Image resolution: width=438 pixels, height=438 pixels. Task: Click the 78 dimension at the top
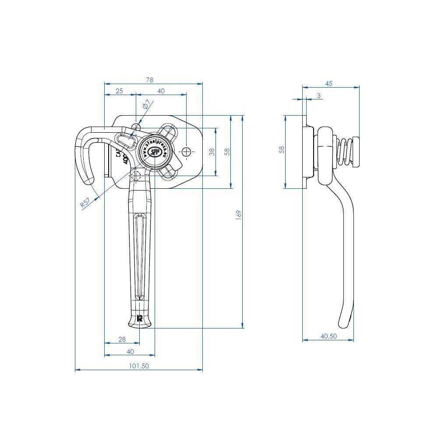[x=149, y=80]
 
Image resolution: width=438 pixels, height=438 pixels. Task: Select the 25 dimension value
[x=119, y=91]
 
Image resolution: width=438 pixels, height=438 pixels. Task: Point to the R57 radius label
[x=85, y=202]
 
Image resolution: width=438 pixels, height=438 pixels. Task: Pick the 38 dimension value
[x=212, y=152]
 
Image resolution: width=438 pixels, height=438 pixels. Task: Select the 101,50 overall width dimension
[x=139, y=366]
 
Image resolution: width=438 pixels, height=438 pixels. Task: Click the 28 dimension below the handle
[x=122, y=339]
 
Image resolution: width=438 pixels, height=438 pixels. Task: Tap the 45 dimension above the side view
[x=329, y=83]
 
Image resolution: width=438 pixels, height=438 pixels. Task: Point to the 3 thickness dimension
[x=318, y=95]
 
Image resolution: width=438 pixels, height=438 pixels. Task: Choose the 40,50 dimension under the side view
[x=328, y=336]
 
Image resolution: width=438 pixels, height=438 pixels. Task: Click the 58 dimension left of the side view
[x=282, y=149]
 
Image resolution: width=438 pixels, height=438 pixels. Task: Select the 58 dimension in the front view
[x=226, y=152]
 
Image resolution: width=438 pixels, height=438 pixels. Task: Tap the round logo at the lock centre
[x=154, y=152]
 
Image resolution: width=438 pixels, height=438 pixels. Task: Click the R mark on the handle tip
[x=140, y=318]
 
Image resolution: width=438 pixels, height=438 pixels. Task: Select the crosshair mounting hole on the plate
[x=187, y=152]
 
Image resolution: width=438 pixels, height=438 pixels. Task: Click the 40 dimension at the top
[x=161, y=91]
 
